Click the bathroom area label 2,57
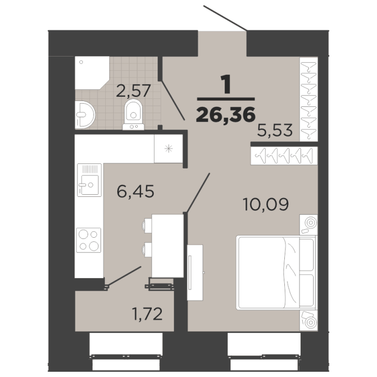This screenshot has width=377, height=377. (133, 91)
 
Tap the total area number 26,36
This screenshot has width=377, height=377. (226, 115)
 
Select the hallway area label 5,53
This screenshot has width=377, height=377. (275, 130)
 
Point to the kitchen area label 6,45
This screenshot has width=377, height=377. (136, 192)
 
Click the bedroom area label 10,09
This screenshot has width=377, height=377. (265, 204)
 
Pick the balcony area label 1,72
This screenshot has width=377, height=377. (147, 314)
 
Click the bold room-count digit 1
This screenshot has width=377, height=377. (226, 84)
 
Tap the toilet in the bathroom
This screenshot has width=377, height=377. (134, 115)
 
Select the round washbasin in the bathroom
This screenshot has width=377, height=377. (85, 115)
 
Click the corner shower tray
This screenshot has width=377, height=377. (92, 73)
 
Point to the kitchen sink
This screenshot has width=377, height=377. (89, 180)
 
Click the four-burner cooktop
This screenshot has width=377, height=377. (88, 240)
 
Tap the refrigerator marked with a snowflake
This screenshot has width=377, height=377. (168, 149)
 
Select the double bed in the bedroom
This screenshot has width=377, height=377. (276, 272)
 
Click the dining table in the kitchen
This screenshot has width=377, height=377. (168, 246)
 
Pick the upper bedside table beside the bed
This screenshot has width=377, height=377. (308, 225)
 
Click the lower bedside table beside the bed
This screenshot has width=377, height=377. (308, 320)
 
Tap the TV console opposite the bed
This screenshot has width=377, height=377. (195, 273)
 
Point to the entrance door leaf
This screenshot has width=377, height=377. (225, 18)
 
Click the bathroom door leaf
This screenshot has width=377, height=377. (173, 100)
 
